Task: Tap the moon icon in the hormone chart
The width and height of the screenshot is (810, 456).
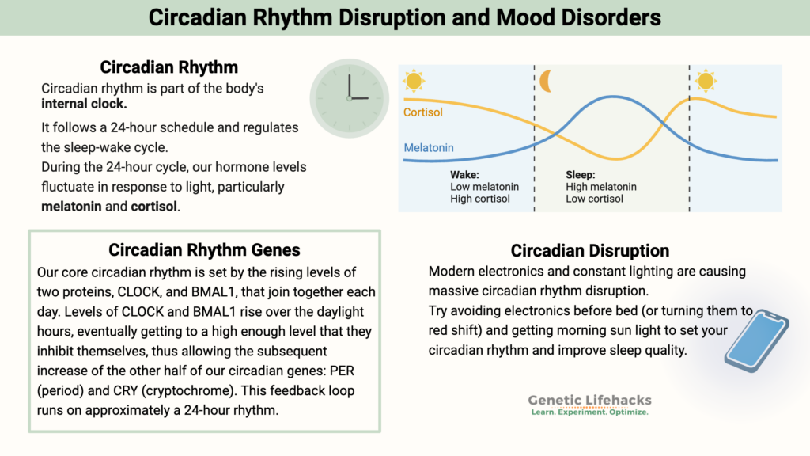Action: [x=546, y=81]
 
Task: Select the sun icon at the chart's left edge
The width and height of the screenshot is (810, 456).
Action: [x=413, y=81]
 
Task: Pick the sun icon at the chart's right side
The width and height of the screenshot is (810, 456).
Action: [x=705, y=81]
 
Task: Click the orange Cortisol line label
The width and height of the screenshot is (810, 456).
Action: [x=422, y=112]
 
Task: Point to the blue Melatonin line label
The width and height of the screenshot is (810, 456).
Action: [x=429, y=148]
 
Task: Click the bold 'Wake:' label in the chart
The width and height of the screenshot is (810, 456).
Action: [x=464, y=174]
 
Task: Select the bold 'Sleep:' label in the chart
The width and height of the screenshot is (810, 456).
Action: [x=581, y=174]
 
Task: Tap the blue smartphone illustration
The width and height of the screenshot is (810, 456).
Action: [x=755, y=340]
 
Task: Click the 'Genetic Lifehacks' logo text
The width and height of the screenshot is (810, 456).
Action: [x=589, y=401]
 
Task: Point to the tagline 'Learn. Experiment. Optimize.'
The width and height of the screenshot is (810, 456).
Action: [x=589, y=413]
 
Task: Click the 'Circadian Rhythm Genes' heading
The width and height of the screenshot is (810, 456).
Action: [x=204, y=250]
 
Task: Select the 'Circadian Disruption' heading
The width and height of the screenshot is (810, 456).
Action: [x=590, y=251]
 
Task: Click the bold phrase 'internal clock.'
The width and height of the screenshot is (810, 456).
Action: [x=84, y=104]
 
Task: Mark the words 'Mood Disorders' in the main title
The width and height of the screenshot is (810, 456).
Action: [x=585, y=17]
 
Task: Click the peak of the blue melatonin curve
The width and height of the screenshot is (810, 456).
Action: [x=613, y=97]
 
